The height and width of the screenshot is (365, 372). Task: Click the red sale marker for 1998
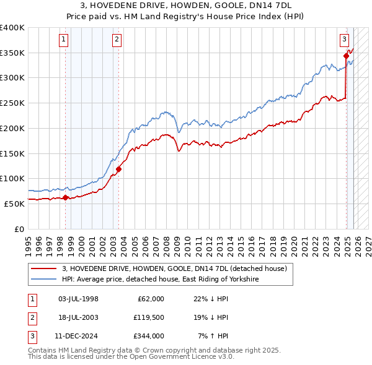65,197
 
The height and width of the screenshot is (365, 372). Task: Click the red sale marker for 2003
118,168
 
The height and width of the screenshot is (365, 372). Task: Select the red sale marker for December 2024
346,56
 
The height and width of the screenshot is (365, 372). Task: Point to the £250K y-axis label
12,103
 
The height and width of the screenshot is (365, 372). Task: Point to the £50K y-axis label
14,204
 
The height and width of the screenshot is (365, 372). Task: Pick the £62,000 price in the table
151,299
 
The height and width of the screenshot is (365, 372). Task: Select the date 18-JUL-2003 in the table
78,317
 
